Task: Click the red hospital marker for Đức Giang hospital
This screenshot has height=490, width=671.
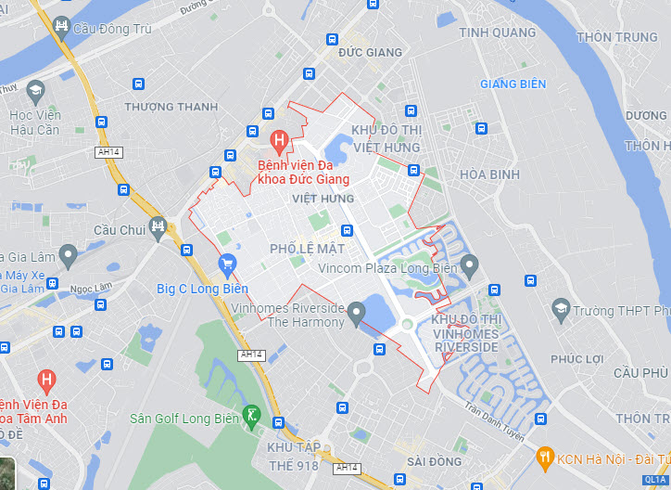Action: pyautogui.click(x=277, y=141)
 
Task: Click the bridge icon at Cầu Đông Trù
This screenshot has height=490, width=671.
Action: pyautogui.click(x=61, y=26)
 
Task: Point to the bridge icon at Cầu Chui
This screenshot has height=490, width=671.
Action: pyautogui.click(x=158, y=226)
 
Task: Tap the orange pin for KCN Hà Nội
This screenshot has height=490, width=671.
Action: pyautogui.click(x=545, y=456)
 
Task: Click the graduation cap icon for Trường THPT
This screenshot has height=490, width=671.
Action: pyautogui.click(x=560, y=309)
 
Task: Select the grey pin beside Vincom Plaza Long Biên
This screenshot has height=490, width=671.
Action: pyautogui.click(x=469, y=267)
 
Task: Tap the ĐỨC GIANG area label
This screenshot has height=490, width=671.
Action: pyautogui.click(x=371, y=53)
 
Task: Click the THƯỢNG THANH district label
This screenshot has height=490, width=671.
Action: pyautogui.click(x=171, y=107)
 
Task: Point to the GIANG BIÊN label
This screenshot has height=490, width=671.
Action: pyautogui.click(x=513, y=84)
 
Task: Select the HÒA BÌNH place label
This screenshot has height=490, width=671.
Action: pyautogui.click(x=490, y=174)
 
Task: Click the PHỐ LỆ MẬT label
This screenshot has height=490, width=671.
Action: pyautogui.click(x=307, y=249)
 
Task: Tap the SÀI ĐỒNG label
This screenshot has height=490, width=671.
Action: pyautogui.click(x=434, y=461)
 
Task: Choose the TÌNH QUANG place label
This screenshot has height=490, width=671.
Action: pyautogui.click(x=498, y=32)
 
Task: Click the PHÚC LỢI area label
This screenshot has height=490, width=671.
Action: pyautogui.click(x=576, y=359)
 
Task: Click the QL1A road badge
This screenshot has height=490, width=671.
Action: pyautogui.click(x=655, y=479)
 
